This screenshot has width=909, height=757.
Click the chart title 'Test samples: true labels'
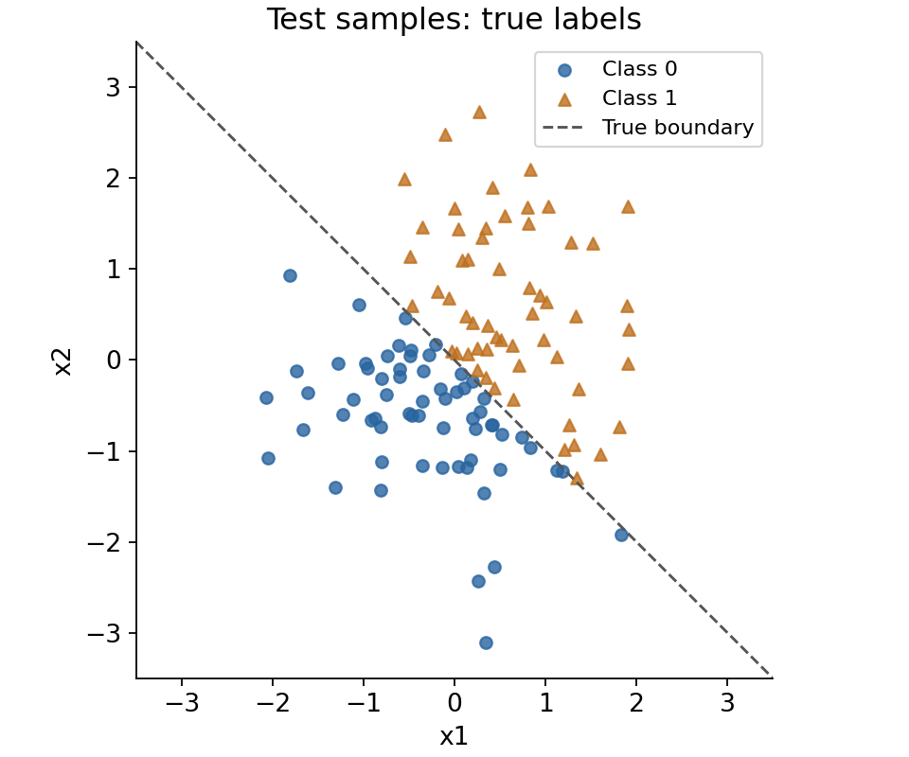[454, 19]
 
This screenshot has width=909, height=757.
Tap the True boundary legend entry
[648, 128]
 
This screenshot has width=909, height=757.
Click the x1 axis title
[454, 737]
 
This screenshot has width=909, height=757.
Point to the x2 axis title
[62, 361]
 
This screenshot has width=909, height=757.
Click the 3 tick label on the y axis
[113, 87]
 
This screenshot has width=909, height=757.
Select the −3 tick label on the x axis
[182, 703]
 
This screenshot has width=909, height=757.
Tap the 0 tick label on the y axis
[113, 361]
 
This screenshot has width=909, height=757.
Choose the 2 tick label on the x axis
[636, 703]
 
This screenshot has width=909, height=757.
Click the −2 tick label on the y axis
[104, 543]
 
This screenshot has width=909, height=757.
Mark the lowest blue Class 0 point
[486, 643]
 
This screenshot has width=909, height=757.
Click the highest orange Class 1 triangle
[479, 113]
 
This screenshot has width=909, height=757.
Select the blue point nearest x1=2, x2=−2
[621, 536]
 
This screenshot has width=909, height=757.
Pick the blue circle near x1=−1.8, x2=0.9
[291, 275]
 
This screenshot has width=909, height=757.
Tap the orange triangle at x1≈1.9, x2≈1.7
[628, 207]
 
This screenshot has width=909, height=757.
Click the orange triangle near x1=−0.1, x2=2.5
[445, 135]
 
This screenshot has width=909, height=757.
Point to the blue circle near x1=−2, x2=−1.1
[268, 459]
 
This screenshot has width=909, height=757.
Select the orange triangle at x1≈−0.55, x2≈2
[404, 180]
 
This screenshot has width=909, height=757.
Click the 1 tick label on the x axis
[545, 703]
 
